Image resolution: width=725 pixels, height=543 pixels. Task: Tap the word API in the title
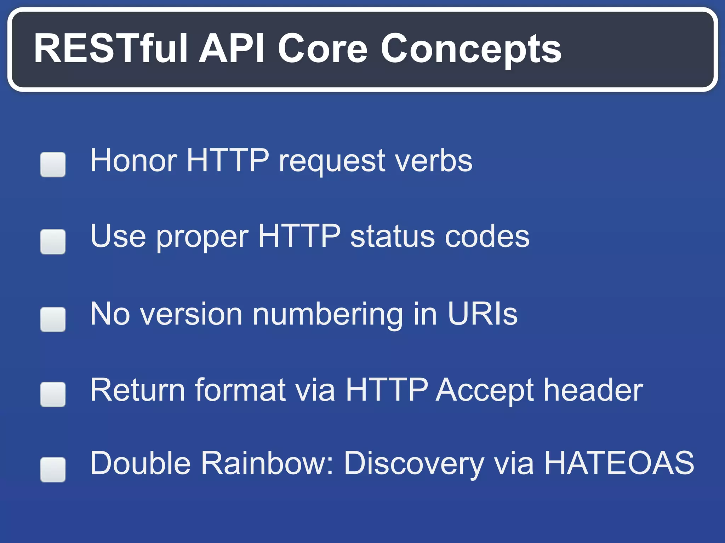[x=232, y=48]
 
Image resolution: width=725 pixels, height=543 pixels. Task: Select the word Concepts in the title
[x=471, y=49]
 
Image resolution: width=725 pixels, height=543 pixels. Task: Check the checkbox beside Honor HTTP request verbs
[x=53, y=164]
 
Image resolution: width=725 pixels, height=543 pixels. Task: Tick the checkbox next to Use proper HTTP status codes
[x=53, y=241]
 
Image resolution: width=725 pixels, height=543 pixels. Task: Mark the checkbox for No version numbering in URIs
[x=53, y=319]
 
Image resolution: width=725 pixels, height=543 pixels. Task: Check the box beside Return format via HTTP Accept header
[x=53, y=394]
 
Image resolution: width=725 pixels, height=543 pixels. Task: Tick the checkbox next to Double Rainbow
[x=53, y=469]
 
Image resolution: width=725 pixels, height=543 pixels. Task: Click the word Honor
[x=133, y=161]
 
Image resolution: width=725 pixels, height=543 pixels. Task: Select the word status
[x=392, y=237]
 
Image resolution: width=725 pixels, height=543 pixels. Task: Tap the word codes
[x=487, y=237]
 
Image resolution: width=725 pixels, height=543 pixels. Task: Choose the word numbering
[x=327, y=315]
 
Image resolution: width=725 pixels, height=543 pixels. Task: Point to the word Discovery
[x=414, y=464]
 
